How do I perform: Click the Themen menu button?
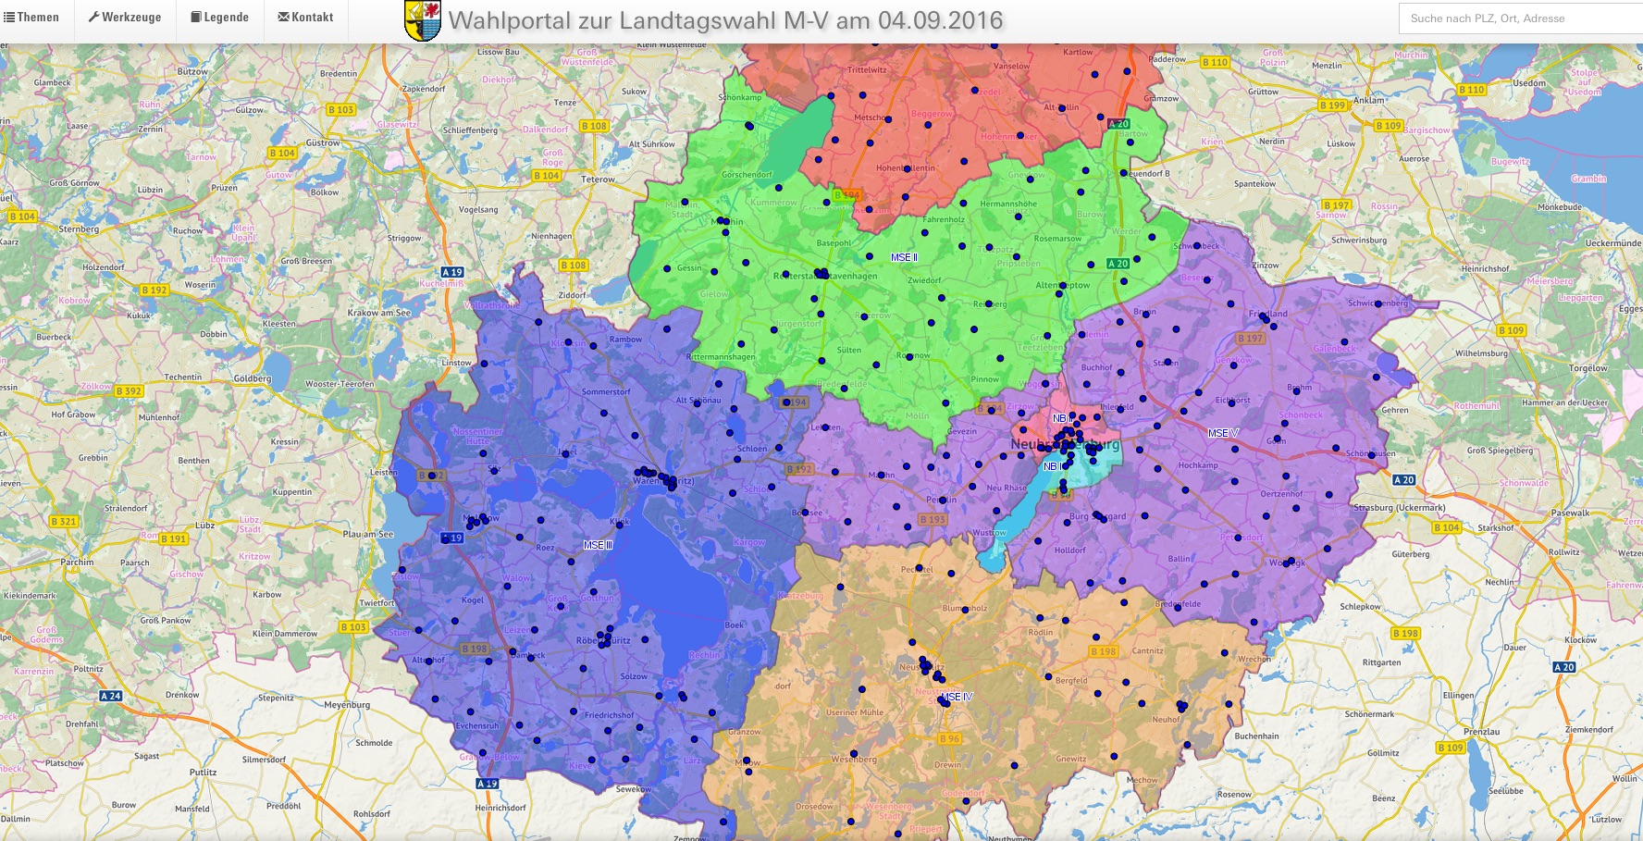[32, 18]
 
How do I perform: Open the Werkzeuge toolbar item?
[125, 18]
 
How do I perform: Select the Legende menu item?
[220, 18]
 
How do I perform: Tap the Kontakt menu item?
[306, 18]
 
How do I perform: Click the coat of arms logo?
[423, 20]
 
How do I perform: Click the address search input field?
[1517, 19]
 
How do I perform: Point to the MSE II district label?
[904, 257]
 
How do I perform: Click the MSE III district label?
[598, 545]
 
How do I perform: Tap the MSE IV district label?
[957, 697]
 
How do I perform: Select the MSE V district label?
[1222, 433]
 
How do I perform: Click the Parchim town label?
[77, 563]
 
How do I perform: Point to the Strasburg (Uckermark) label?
[1399, 508]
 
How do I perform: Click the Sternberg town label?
[79, 229]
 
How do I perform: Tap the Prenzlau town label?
[1481, 732]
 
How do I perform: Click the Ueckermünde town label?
[1612, 243]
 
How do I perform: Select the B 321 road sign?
[64, 522]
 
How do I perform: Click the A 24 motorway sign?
[110, 696]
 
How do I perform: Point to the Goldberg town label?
[252, 378]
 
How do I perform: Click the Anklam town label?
[1369, 101]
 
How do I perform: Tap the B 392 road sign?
[129, 391]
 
